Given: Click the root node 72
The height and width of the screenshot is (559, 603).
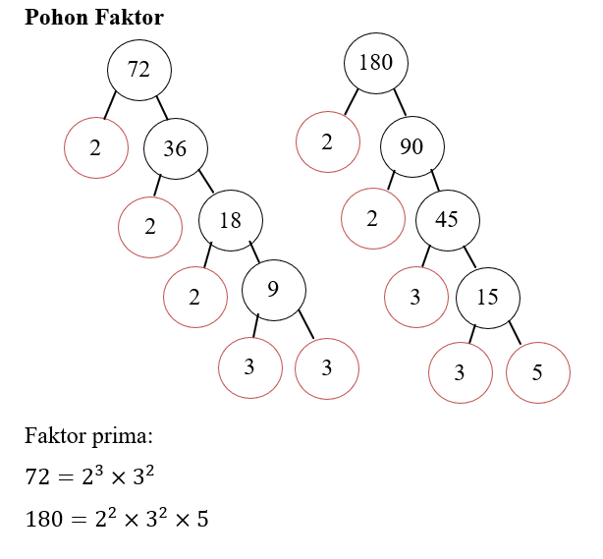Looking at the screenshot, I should click(x=139, y=70).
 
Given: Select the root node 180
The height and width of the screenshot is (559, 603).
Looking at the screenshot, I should click(x=375, y=63).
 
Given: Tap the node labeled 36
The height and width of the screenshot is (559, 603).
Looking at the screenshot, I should click(x=175, y=148).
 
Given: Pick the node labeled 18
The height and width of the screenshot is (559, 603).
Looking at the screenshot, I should click(x=230, y=220).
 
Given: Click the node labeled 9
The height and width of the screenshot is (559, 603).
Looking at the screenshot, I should click(x=273, y=290).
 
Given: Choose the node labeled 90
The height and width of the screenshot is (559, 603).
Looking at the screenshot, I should click(x=411, y=147).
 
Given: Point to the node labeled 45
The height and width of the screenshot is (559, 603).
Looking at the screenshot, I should click(x=447, y=219).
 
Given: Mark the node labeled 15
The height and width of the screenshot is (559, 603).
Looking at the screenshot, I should click(x=487, y=296).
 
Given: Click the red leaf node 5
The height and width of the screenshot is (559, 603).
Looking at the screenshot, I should click(x=537, y=372).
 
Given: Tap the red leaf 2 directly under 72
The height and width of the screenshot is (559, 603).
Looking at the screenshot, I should click(x=95, y=148).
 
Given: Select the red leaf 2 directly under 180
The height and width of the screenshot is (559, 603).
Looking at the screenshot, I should click(x=327, y=141).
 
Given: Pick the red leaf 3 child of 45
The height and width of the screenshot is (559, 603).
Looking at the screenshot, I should click(x=414, y=295).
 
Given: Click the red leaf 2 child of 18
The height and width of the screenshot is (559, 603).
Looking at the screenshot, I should click(x=194, y=295).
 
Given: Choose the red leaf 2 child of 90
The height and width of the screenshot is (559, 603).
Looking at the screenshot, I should click(x=372, y=218).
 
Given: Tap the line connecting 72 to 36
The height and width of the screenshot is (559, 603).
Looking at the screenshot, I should click(x=161, y=105).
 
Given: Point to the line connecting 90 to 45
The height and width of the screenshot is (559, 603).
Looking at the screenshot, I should click(x=433, y=180).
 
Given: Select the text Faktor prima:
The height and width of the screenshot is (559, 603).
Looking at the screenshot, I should click(x=88, y=435).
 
